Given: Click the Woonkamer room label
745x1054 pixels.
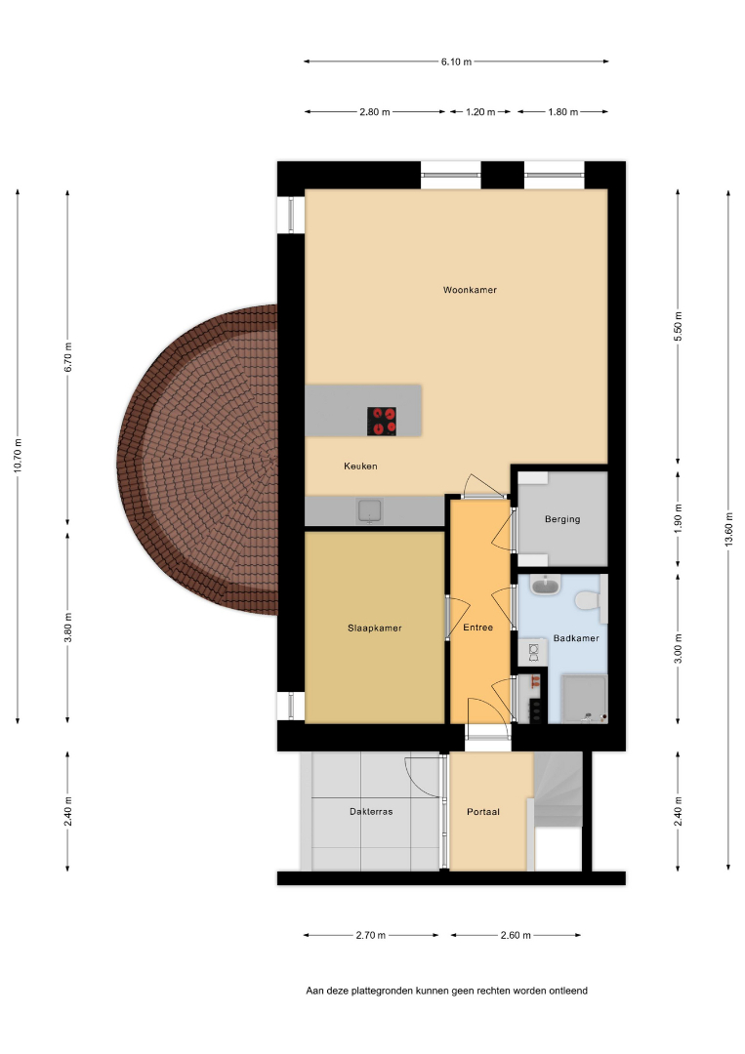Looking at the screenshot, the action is [470, 290].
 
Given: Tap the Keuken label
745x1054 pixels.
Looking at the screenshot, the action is [360, 466].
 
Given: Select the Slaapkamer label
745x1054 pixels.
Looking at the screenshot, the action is [375, 628].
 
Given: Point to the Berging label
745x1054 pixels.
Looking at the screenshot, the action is [562, 519].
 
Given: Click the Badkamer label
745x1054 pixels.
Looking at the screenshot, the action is [575, 638].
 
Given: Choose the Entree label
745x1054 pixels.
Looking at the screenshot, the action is [478, 628].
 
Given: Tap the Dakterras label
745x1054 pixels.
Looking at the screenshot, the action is [371, 811].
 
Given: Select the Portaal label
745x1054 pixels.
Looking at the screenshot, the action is [483, 811].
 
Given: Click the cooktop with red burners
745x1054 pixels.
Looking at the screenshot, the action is [381, 422].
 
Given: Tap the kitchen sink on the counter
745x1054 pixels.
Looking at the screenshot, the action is [370, 510].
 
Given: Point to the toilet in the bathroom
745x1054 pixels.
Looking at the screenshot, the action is [589, 599].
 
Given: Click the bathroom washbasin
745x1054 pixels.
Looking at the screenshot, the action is [545, 587].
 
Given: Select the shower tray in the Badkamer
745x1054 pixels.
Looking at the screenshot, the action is [584, 699].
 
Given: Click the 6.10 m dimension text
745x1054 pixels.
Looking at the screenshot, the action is [456, 61].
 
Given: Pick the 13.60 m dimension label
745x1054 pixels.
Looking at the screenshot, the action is [728, 530].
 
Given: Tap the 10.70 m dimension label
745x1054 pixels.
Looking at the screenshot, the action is [18, 456].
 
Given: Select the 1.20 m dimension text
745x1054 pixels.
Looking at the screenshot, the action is [480, 112].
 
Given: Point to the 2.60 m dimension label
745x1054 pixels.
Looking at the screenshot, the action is [516, 935].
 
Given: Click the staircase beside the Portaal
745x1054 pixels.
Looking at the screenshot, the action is [559, 790].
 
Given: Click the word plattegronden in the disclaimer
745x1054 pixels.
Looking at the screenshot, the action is [383, 991].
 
